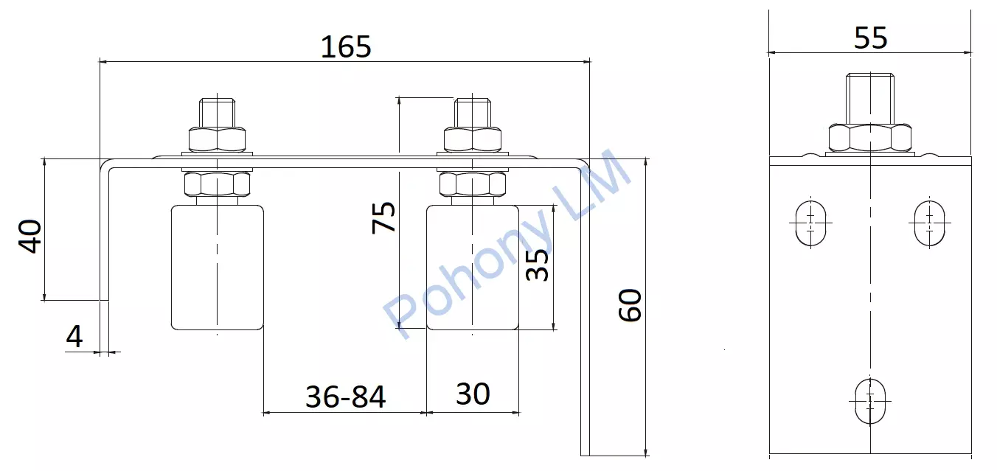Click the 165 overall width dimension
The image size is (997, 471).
point(346,46)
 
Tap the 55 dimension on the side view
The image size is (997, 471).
point(871,38)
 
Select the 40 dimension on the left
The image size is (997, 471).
point(29,236)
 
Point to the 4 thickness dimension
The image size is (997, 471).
point(74,337)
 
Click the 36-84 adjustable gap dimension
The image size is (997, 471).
point(345,397)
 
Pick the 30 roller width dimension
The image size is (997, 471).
point(473,394)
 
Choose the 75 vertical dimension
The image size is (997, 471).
point(383,217)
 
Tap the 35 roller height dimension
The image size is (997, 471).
point(537,265)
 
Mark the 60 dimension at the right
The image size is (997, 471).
point(630,305)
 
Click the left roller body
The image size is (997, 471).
point(218,268)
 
